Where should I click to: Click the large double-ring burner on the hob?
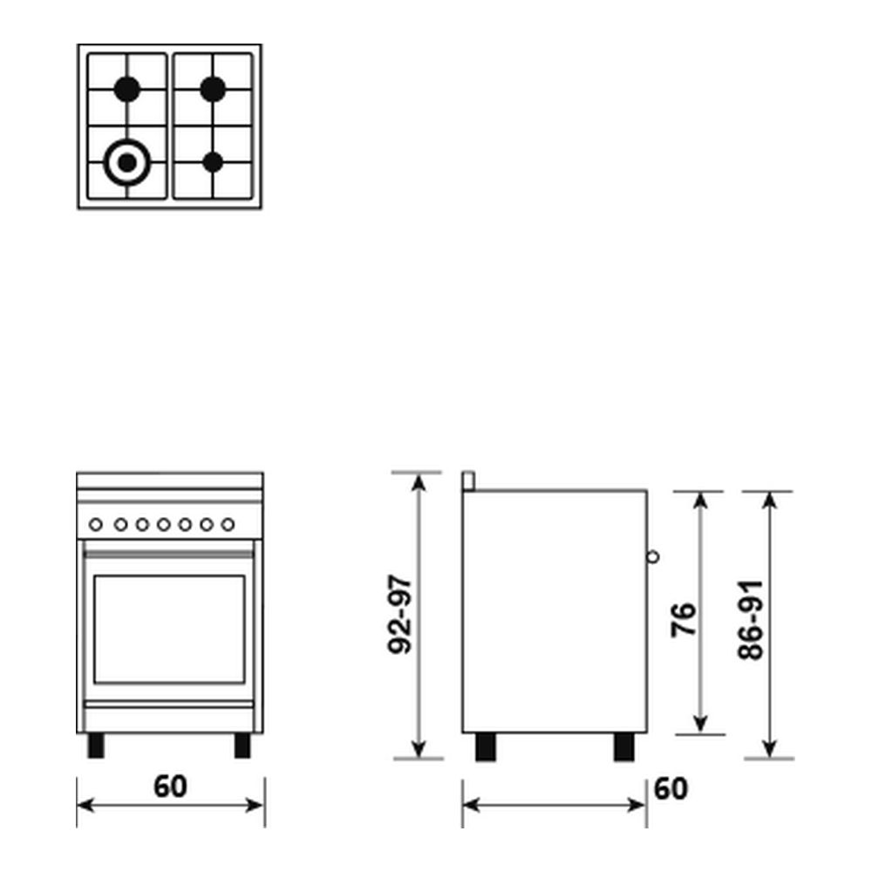coord(127,162)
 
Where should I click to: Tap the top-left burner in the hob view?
coord(127,89)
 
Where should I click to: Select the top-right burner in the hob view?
coord(213,89)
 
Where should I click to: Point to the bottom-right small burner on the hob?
coord(213,162)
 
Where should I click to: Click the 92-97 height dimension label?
coord(399,615)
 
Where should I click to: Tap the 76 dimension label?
coord(684,619)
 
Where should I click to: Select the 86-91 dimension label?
coord(751,619)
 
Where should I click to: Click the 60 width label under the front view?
coord(170,787)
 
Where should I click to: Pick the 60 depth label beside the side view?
coord(671,788)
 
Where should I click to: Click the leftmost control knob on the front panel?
coord(96,524)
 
